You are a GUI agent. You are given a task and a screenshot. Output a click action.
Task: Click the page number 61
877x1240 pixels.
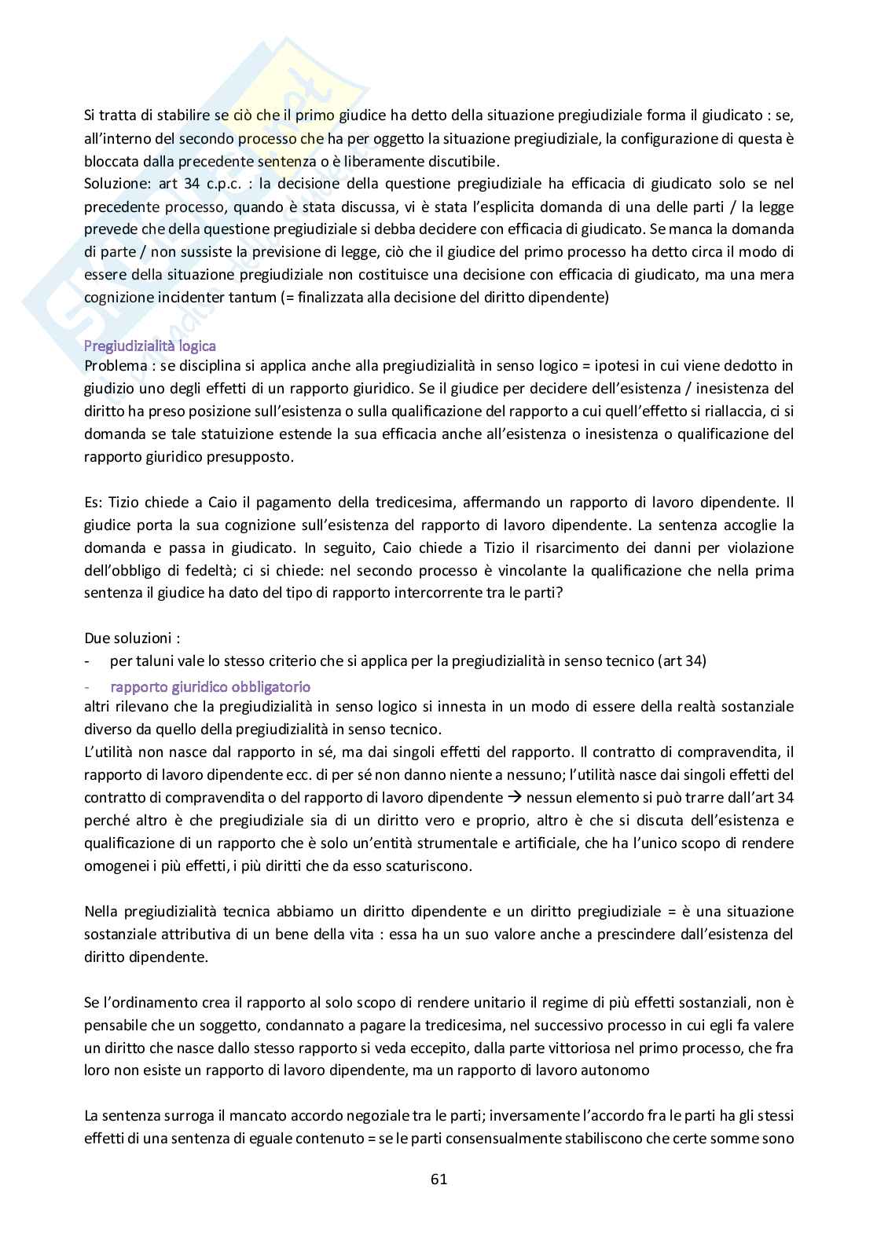tap(438, 1179)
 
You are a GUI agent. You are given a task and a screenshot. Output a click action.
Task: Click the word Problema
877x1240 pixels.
tap(115, 366)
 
